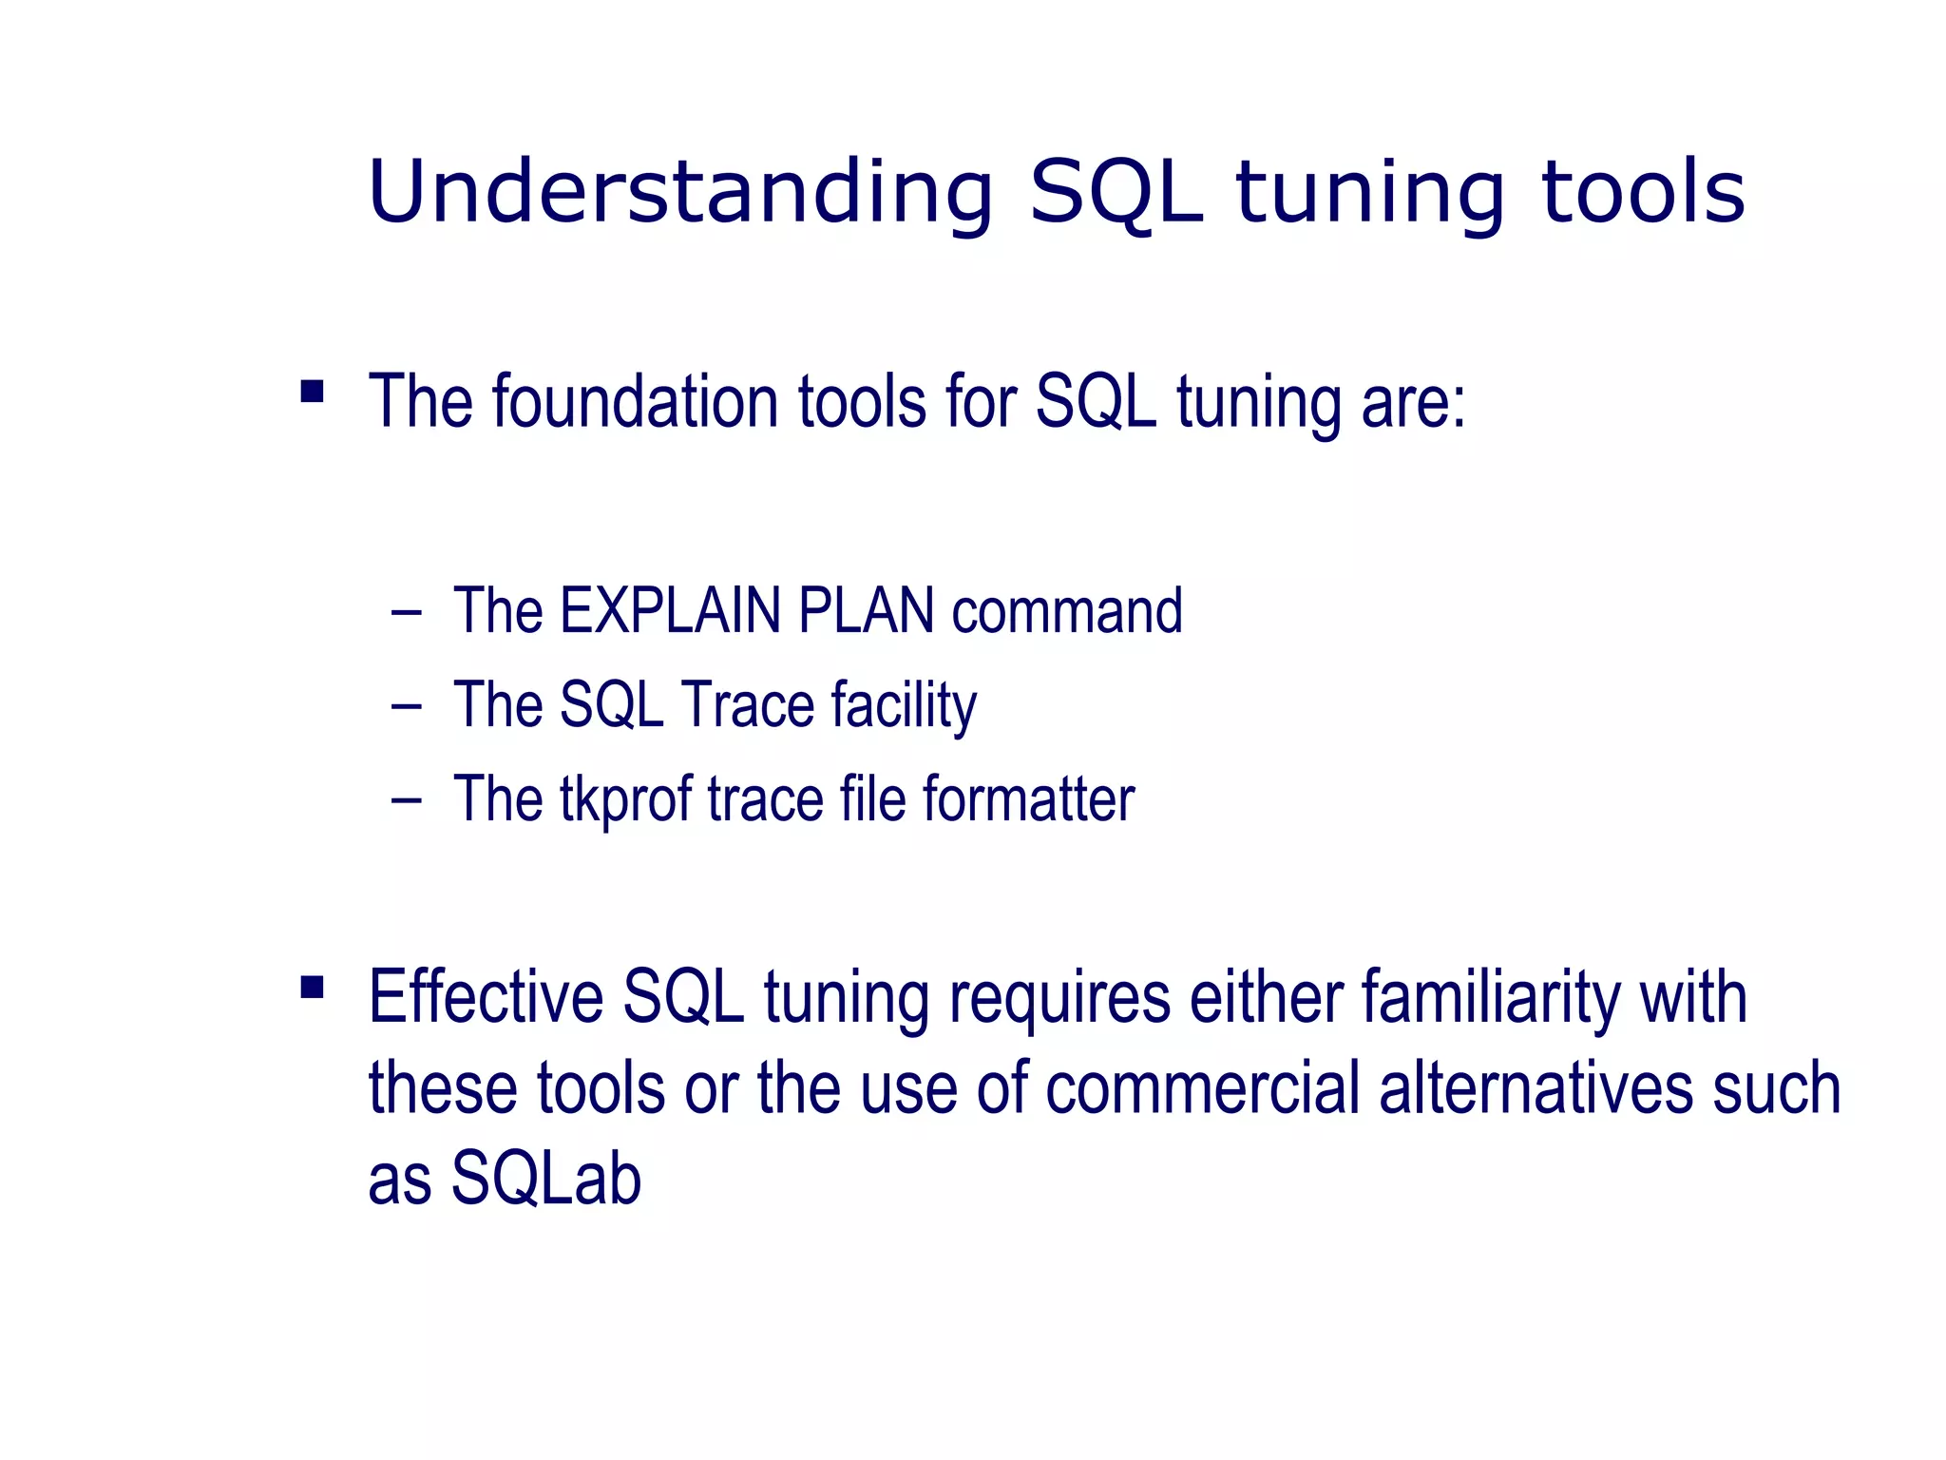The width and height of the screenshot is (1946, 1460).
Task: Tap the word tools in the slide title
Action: [1643, 193]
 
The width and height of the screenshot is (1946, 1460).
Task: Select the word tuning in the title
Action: [1369, 193]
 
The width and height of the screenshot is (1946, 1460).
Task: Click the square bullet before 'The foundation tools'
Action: [312, 392]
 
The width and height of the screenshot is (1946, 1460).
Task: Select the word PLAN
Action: [866, 611]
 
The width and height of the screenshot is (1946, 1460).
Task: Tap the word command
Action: [1067, 611]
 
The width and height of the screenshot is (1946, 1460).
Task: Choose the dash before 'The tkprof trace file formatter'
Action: [406, 800]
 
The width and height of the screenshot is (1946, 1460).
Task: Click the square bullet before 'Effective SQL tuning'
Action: [312, 988]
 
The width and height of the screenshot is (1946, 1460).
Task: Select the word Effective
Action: [486, 998]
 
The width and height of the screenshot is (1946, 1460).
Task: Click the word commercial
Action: [1203, 1088]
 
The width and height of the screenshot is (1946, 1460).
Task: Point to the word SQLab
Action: [546, 1180]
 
